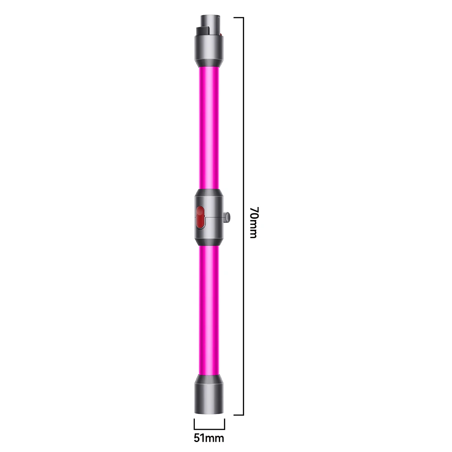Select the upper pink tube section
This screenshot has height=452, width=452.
click(209, 127)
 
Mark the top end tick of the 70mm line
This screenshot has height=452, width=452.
click(239, 18)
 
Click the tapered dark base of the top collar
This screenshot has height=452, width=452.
click(209, 62)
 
